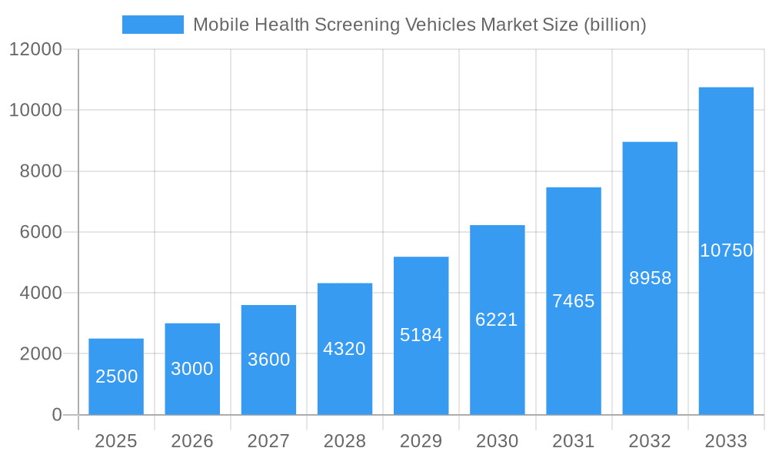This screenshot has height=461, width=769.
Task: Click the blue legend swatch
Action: tap(153, 25)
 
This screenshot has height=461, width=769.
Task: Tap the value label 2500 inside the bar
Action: tap(116, 376)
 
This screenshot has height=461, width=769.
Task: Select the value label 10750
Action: tap(726, 250)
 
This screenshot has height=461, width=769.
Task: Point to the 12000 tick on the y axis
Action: tap(35, 50)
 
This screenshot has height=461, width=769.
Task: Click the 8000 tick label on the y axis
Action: tap(40, 171)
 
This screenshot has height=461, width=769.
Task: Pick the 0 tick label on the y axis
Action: tap(56, 415)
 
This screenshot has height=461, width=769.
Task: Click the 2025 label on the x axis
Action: tap(116, 441)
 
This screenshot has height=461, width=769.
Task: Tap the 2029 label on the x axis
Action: tap(421, 441)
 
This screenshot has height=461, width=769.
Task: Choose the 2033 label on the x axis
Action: tap(726, 441)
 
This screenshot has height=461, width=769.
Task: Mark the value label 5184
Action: tap(421, 335)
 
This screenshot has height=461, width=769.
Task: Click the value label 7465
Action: tap(574, 301)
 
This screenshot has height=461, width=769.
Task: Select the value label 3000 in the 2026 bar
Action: tap(192, 369)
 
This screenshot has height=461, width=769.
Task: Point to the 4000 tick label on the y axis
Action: tap(40, 293)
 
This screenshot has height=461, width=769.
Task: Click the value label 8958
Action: tap(650, 278)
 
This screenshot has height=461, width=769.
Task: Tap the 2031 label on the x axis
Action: tap(574, 441)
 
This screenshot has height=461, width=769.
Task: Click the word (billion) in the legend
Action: tap(614, 25)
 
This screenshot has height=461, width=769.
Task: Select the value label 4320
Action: tap(345, 349)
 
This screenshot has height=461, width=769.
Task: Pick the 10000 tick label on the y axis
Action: tap(35, 111)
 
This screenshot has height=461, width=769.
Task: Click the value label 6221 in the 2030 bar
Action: tap(497, 320)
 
